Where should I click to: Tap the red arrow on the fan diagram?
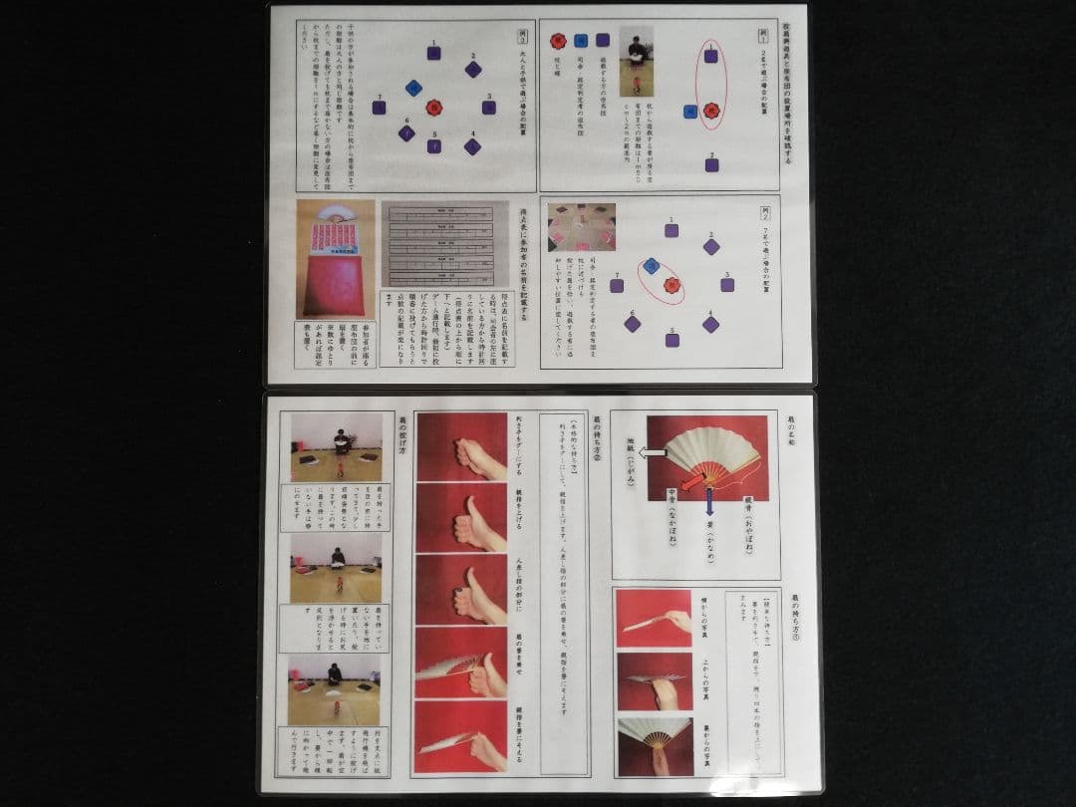[693, 482]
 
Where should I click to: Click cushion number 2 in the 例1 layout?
[710, 164]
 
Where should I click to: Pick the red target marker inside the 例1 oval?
[710, 111]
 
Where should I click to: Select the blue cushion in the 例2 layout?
[651, 265]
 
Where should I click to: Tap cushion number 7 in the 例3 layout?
[379, 107]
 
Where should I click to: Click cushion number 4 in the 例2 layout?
[710, 324]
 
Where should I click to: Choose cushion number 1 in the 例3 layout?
[434, 53]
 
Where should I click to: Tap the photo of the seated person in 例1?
[637, 61]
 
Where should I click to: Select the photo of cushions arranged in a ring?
[582, 227]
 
